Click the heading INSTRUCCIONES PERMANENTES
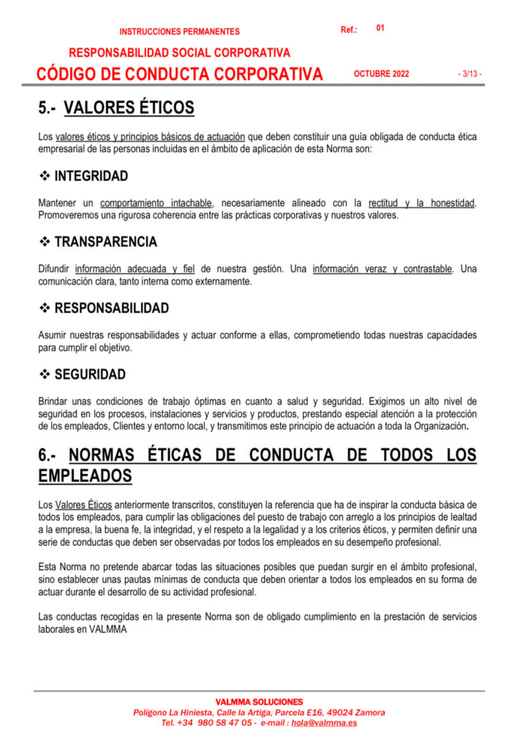(x=179, y=32)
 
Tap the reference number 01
(x=380, y=28)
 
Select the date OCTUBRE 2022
(x=381, y=74)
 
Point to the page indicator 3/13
(x=470, y=74)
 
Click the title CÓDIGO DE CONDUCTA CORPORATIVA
(x=180, y=74)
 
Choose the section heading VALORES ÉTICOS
(x=129, y=109)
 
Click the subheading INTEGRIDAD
(x=91, y=176)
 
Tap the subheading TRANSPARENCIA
(x=106, y=242)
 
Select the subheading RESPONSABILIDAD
(x=112, y=308)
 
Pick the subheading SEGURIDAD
(x=90, y=374)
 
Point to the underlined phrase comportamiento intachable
(x=157, y=203)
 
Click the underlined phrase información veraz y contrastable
(x=382, y=268)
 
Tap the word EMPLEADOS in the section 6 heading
(x=85, y=476)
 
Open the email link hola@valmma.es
(x=324, y=723)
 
